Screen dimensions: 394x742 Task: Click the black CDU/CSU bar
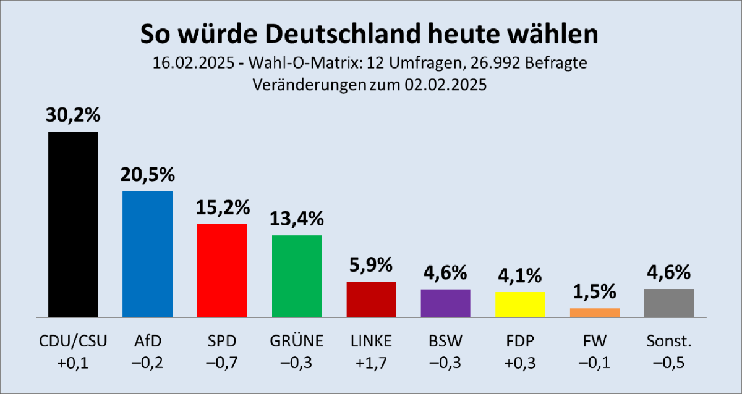(73, 224)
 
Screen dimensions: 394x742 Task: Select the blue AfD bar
(147, 254)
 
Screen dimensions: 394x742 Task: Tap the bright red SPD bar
(222, 270)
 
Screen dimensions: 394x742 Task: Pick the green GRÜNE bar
(297, 275)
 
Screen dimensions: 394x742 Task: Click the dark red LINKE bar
(371, 299)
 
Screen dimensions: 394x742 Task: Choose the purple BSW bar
(445, 303)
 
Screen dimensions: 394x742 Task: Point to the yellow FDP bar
(520, 304)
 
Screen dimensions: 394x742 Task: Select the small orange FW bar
(594, 312)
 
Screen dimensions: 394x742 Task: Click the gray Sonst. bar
(668, 303)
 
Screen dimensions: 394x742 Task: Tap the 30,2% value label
(73, 115)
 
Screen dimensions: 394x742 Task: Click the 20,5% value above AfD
(147, 175)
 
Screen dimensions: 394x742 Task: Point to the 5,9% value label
(371, 266)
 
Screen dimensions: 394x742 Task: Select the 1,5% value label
(594, 291)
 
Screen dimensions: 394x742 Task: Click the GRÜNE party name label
(297, 340)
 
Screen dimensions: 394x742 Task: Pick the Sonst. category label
(668, 340)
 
